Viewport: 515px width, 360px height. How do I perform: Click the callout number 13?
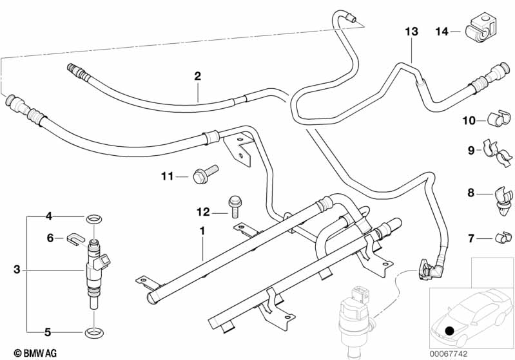coord(411,32)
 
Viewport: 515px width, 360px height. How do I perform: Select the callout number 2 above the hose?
coord(198,76)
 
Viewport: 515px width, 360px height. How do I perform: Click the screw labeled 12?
coord(233,205)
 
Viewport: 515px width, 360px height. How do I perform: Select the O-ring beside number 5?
coord(95,333)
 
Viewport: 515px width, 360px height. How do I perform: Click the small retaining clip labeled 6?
coord(75,240)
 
